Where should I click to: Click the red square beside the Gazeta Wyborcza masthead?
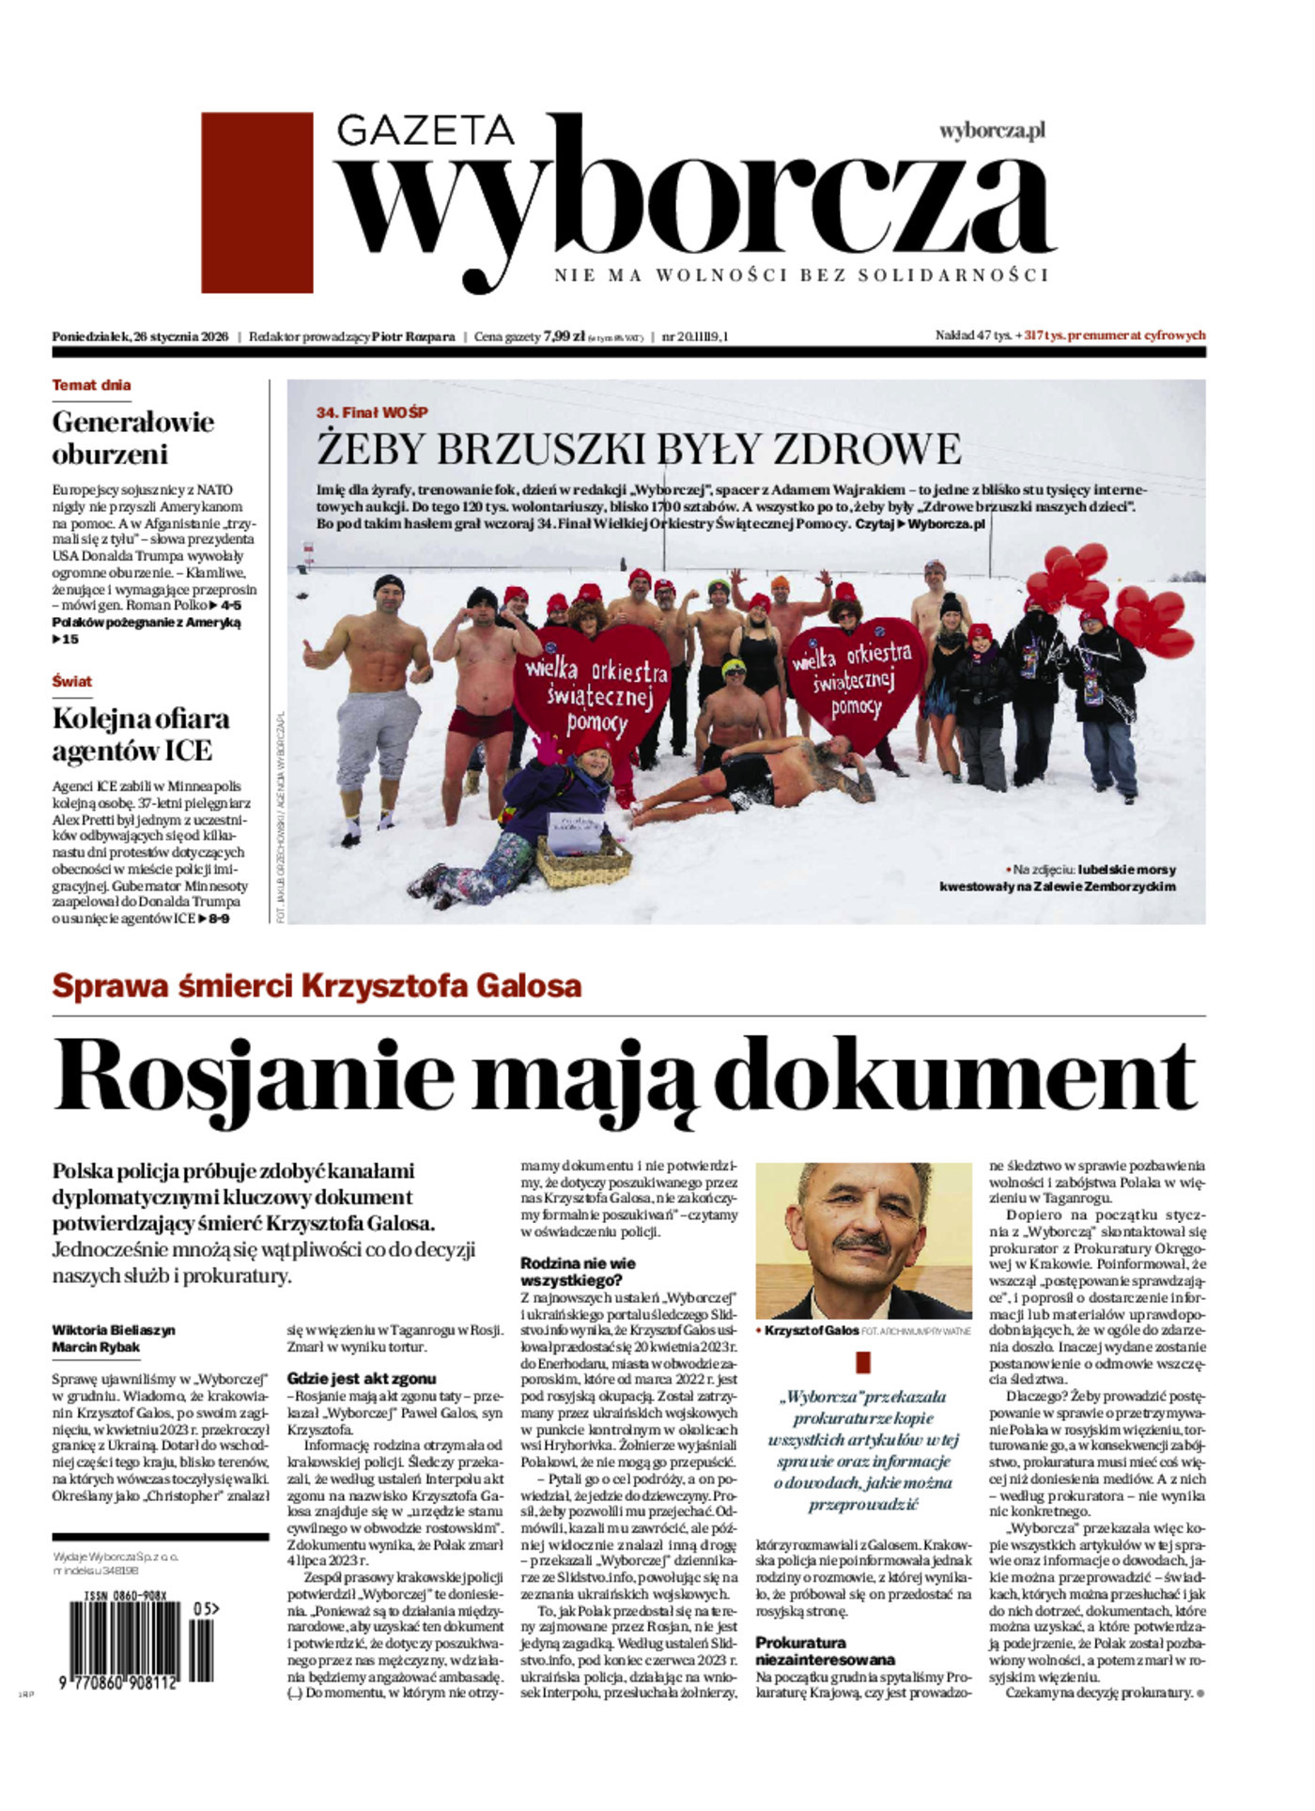pos(256,202)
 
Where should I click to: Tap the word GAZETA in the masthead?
pos(425,130)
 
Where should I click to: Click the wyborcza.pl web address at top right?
pos(992,132)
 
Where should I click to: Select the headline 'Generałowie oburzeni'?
pos(132,438)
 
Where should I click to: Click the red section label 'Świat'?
pos(72,681)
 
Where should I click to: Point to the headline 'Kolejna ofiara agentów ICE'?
pos(141,735)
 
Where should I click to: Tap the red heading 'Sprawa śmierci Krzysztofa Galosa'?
pos(317,986)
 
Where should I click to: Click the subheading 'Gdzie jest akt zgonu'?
pos(361,1379)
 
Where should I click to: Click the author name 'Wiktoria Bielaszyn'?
pos(114,1330)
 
